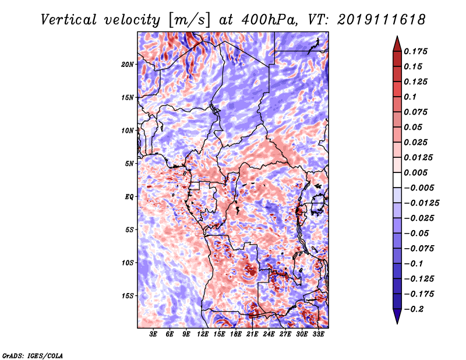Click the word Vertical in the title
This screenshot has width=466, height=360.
(x=69, y=20)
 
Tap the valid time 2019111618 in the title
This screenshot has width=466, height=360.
(x=382, y=20)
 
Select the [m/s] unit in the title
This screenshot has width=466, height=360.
(x=189, y=20)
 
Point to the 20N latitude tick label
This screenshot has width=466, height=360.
(x=128, y=64)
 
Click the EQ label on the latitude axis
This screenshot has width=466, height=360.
(x=129, y=197)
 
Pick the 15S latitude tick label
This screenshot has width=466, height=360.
(x=128, y=296)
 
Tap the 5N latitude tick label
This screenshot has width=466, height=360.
(x=129, y=164)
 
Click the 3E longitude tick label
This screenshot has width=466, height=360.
(x=153, y=334)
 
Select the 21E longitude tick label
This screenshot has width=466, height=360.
(x=252, y=334)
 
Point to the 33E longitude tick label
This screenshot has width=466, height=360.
(x=318, y=334)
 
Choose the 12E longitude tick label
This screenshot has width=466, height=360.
(x=202, y=334)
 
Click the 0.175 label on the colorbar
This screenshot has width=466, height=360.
(x=415, y=51)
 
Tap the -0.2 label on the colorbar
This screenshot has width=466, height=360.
(x=414, y=309)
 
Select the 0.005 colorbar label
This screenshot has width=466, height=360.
(x=415, y=172)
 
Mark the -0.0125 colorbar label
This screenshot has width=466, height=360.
(x=421, y=203)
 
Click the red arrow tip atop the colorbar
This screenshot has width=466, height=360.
(x=397, y=36)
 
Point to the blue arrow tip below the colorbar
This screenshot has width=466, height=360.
(x=397, y=323)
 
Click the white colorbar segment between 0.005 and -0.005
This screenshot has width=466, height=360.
(x=397, y=180)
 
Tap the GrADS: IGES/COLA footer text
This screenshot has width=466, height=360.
(x=33, y=355)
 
